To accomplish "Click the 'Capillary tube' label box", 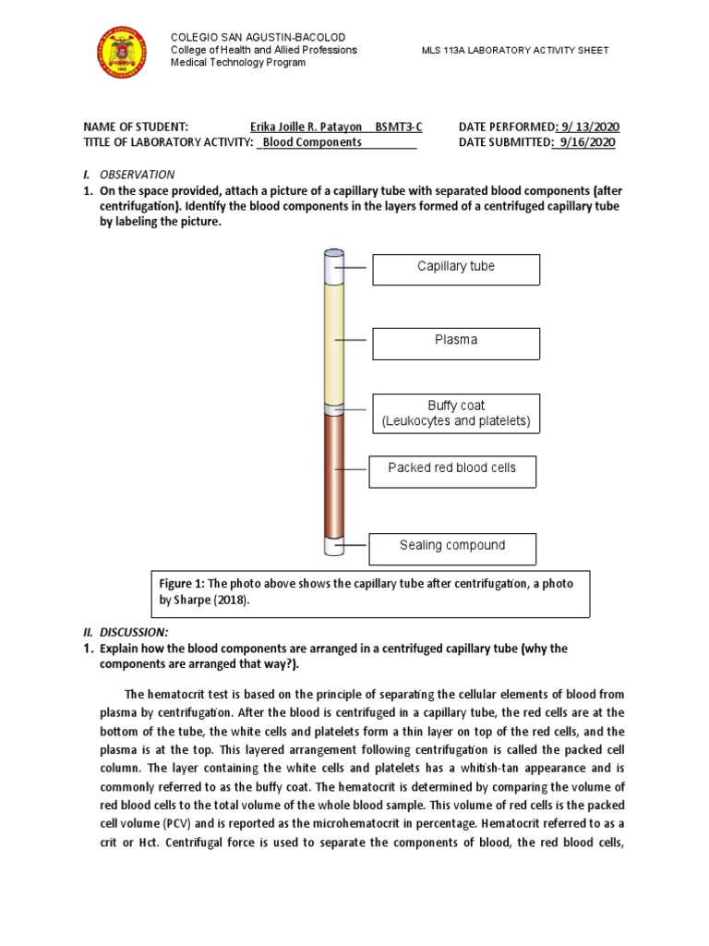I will pyautogui.click(x=456, y=269).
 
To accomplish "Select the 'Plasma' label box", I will pyautogui.click(x=456, y=343).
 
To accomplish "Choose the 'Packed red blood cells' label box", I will pyautogui.click(x=451, y=470).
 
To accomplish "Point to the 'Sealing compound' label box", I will pyautogui.click(x=451, y=548).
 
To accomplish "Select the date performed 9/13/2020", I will pyautogui.click(x=589, y=127).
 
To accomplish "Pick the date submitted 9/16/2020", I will pyautogui.click(x=585, y=142).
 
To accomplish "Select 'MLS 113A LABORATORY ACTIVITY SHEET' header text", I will pyautogui.click(x=514, y=50).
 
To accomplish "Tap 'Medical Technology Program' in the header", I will pyautogui.click(x=238, y=63).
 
